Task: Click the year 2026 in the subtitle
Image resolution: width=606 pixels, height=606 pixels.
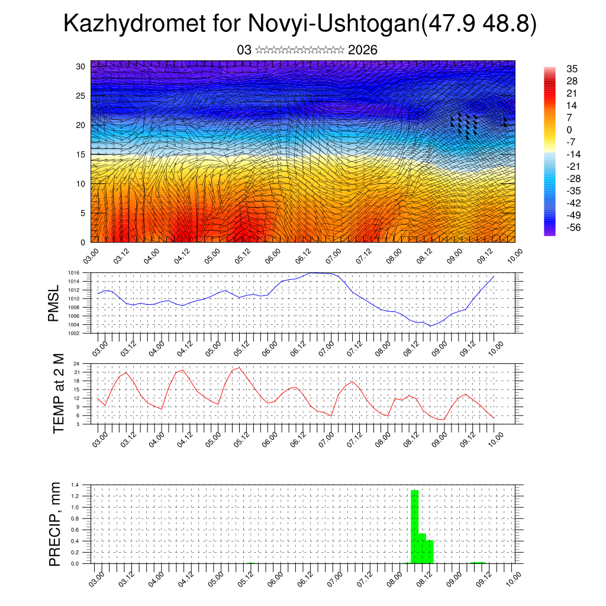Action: point(363,50)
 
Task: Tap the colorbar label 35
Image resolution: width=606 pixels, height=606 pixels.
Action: point(572,69)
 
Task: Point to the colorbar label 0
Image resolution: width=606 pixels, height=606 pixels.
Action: point(569,130)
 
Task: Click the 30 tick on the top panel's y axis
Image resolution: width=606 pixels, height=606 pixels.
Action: point(82,66)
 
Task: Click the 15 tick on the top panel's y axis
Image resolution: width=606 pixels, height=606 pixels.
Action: point(82,154)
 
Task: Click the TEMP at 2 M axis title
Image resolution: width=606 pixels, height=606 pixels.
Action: point(58,394)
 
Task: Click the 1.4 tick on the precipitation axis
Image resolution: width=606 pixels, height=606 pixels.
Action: point(76,485)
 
